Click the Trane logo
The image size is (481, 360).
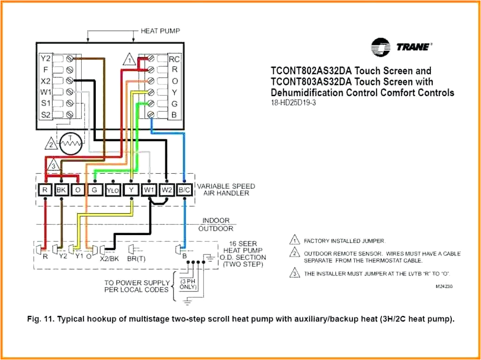tap(402, 46)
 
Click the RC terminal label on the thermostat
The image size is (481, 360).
tap(174, 59)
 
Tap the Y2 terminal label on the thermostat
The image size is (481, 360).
tap(45, 59)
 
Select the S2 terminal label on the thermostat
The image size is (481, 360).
tap(45, 114)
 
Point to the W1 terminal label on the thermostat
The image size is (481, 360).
tap(45, 92)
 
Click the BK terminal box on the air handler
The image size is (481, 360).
tap(62, 190)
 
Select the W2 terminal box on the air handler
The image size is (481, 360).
tap(167, 190)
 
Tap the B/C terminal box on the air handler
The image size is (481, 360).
tap(184, 190)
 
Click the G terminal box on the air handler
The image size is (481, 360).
tap(94, 190)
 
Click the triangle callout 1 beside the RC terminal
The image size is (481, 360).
tap(130, 60)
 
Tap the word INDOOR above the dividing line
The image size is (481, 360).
tap(216, 220)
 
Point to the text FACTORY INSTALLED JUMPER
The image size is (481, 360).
tap(344, 241)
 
